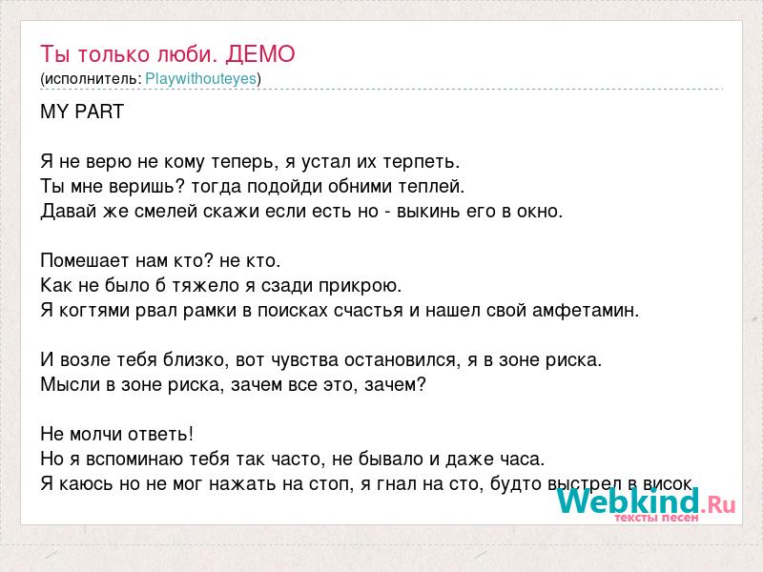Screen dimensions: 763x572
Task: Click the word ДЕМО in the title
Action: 260,54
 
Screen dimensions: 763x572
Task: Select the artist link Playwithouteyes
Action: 201,79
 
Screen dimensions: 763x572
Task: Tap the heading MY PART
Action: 82,112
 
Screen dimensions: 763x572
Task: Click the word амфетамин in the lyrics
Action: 586,311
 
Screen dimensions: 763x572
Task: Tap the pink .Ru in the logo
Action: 719,504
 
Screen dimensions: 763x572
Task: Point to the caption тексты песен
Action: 656,518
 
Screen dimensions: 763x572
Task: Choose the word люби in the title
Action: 186,54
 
